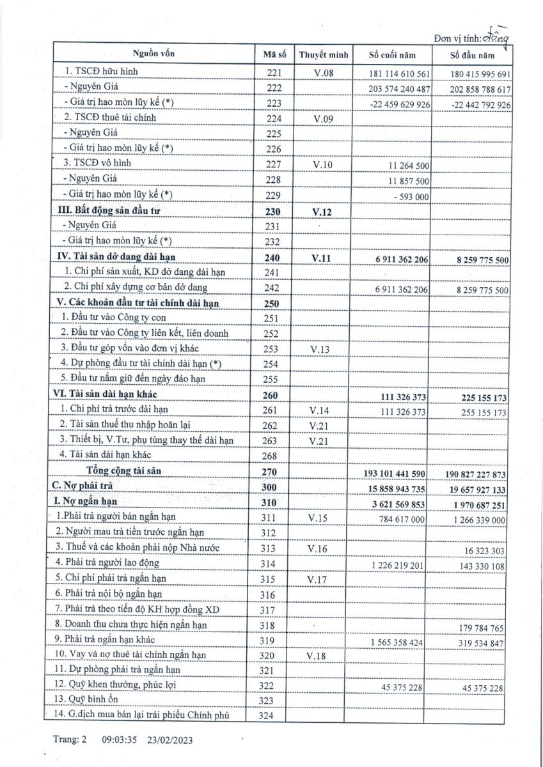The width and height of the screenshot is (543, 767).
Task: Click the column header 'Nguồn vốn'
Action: coord(153,54)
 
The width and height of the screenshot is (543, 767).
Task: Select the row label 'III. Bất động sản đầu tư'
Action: coord(114,210)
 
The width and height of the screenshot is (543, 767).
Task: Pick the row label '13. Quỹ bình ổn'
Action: coord(84,700)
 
